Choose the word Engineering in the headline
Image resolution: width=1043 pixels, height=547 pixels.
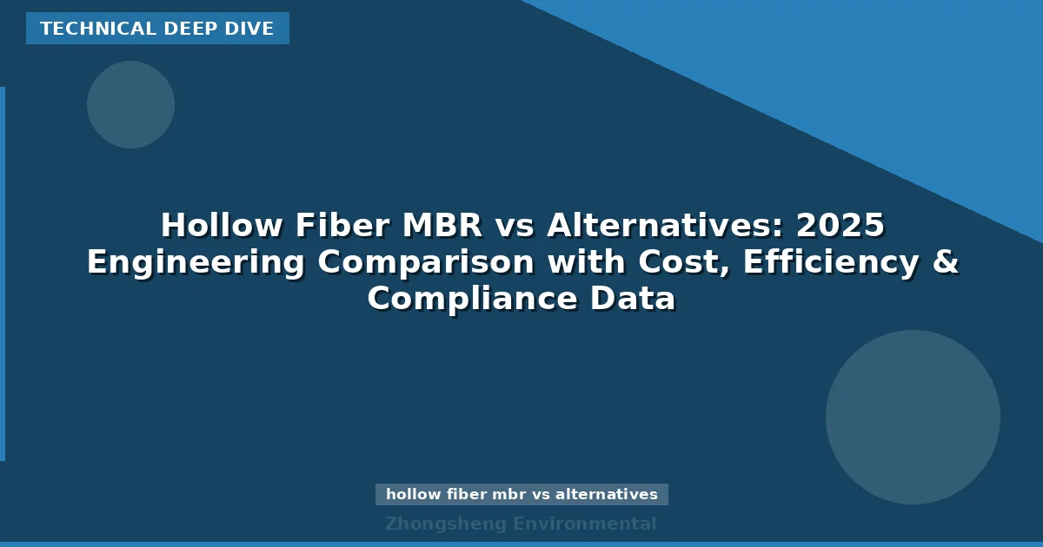tap(196, 262)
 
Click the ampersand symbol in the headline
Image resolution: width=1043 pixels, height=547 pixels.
tap(946, 262)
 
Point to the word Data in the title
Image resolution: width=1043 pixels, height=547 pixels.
tap(634, 299)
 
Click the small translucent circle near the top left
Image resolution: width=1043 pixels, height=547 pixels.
tap(130, 104)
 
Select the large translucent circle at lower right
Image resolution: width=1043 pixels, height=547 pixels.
tap(913, 417)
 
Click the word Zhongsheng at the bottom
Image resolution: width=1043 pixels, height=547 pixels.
tap(445, 524)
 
